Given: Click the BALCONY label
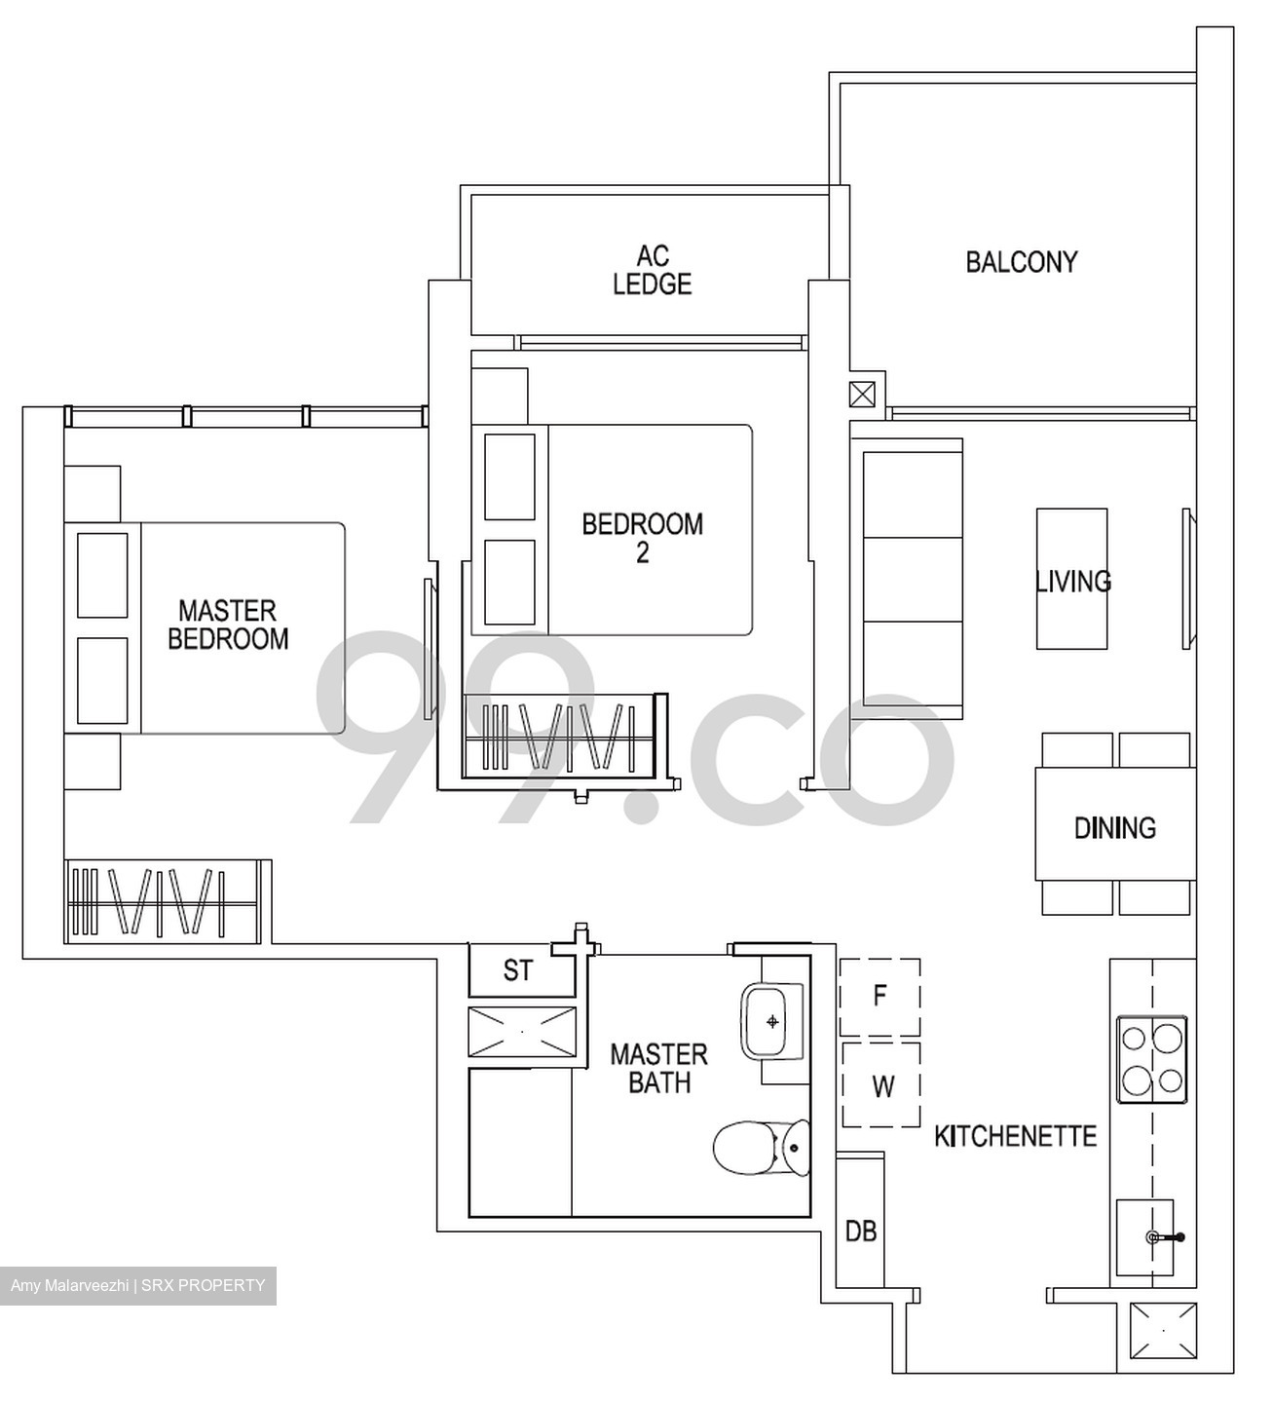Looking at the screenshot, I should pos(1021,261).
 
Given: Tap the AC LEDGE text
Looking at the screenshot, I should pos(652,270).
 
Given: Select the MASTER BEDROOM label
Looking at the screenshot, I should pos(228,625).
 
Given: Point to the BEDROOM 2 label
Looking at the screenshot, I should pos(642,537).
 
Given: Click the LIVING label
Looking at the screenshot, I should pos(1072,581).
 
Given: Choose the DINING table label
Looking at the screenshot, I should pos(1114,827).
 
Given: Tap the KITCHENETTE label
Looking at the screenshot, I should pos(1015,1136).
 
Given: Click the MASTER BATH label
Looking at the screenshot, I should pos(658,1068).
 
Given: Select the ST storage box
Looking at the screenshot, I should pos(518,970).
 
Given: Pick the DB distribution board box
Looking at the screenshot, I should pos(860,1232).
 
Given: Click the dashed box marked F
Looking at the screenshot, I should pos(880,997).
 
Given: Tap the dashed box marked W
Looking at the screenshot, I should pos(880,1085).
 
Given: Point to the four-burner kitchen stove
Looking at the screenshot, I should pos(1151,1059).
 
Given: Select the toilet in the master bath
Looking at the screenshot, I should pos(761,1149).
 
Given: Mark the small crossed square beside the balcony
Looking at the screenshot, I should pos(862,395).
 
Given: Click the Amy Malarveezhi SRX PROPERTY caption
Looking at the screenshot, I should pos(137,1285).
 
